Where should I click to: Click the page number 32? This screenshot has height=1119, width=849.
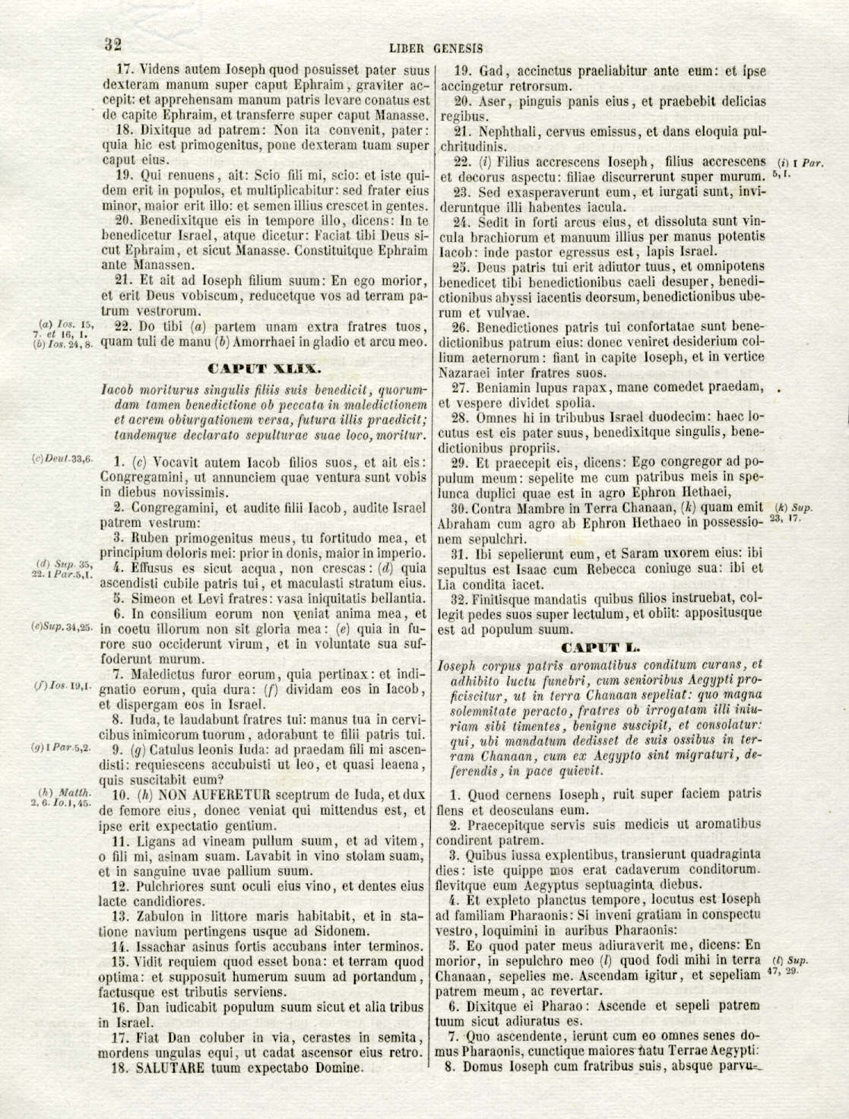coord(113,44)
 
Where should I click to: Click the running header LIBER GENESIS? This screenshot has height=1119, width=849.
coord(436,48)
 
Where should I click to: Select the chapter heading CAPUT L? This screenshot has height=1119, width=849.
coord(600,648)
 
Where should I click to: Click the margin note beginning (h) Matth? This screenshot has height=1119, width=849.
coord(62,797)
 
